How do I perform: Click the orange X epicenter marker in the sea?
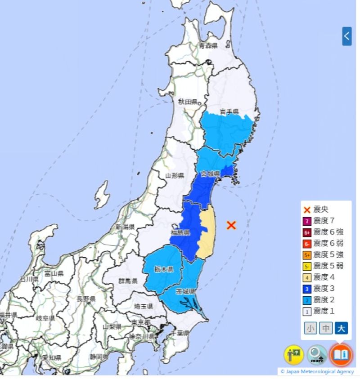click(231, 225)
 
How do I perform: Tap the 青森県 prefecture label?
click(208, 46)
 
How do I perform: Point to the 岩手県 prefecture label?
click(229, 111)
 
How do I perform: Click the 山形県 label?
click(175, 175)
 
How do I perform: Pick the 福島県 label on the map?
click(180, 232)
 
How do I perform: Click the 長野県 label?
click(85, 299)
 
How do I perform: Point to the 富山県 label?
click(54, 273)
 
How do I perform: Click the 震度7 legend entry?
click(324, 221)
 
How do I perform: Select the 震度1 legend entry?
click(324, 311)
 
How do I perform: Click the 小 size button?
click(310, 328)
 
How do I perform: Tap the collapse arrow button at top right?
click(346, 36)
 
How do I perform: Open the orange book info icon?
click(341, 355)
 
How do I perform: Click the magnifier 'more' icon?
click(317, 355)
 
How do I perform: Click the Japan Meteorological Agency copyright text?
click(317, 371)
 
